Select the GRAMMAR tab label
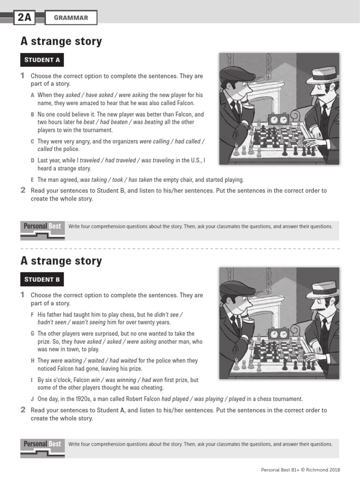pos(71,18)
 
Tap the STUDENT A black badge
pos(42,60)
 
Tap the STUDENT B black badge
pos(42,280)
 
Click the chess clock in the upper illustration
pos(277,120)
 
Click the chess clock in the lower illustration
pos(277,334)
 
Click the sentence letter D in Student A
pos(33,161)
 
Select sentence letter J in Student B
pos(33,399)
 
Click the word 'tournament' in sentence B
pos(97,130)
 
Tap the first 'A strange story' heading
pos(61,42)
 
